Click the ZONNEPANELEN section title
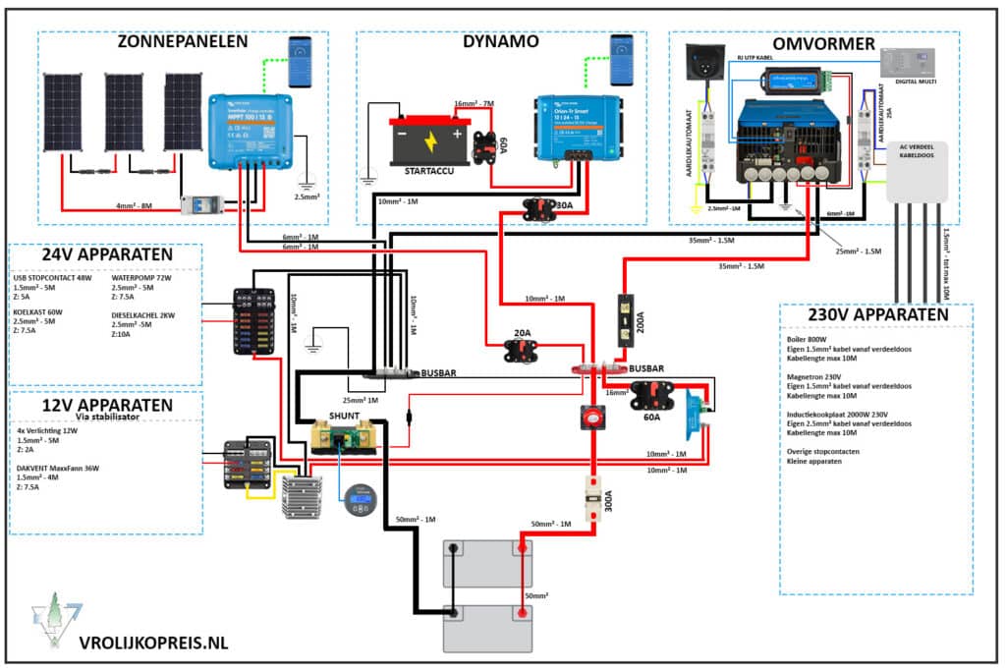(182, 42)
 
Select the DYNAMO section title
(500, 42)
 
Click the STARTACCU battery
(428, 143)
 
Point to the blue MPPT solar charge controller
(250, 126)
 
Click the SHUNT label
(343, 416)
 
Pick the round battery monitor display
(361, 503)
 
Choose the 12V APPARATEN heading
(106, 404)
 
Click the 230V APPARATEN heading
(876, 315)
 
